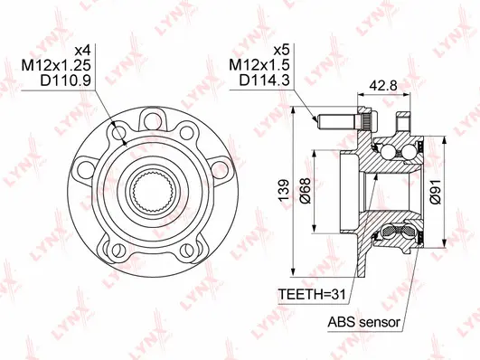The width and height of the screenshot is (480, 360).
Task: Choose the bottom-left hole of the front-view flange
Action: (x=114, y=246)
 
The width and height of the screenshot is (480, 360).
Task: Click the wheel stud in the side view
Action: (x=339, y=118)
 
